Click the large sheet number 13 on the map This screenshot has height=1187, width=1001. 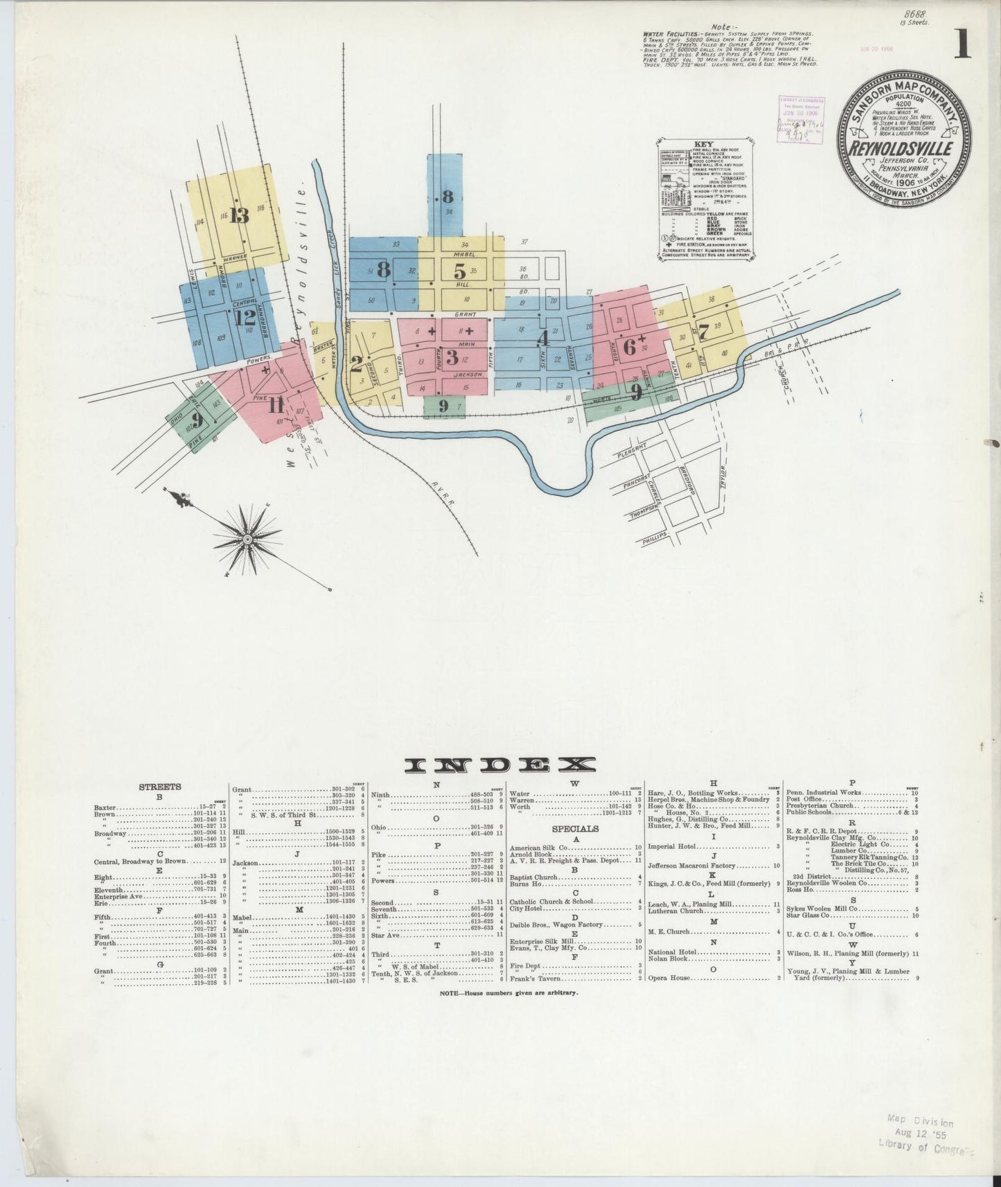click(239, 215)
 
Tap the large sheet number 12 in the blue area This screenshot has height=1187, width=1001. click(245, 318)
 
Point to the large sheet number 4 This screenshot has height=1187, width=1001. click(543, 339)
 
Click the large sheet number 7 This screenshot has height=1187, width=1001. click(703, 331)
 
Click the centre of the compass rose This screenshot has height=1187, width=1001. click(247, 538)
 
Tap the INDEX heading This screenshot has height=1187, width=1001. click(500, 765)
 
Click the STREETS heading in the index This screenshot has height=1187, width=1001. click(160, 787)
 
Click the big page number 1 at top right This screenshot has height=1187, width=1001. click(962, 47)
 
